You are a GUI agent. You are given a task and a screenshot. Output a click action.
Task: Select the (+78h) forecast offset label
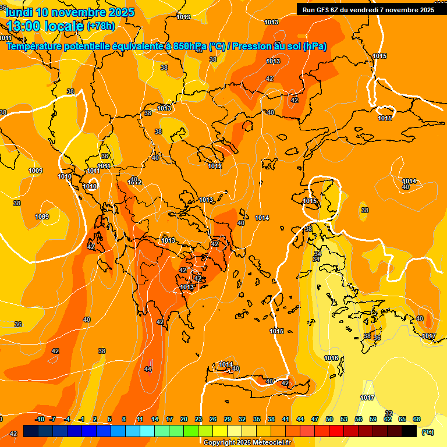tap(101, 26)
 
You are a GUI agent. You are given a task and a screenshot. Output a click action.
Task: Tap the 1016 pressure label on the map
tap(331, 358)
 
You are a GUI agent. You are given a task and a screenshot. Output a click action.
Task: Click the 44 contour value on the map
tap(148, 368)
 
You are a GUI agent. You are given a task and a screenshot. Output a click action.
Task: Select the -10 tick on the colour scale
tap(40, 419)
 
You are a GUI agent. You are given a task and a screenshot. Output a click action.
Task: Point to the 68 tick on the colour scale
tap(417, 419)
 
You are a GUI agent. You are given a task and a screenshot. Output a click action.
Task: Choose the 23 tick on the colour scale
tap(198, 419)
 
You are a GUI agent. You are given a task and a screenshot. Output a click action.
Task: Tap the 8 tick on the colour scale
tap(124, 419)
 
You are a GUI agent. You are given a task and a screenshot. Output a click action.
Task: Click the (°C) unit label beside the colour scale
tap(428, 431)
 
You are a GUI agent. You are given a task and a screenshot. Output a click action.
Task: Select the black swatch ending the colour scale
tap(409, 431)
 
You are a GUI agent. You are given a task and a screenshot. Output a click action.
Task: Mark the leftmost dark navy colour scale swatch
tap(31, 431)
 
